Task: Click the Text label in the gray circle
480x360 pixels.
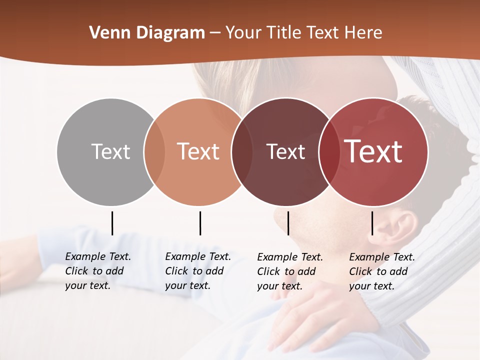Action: click(x=110, y=151)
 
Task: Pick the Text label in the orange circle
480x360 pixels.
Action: click(x=198, y=151)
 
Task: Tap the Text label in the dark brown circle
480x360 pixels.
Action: click(x=285, y=151)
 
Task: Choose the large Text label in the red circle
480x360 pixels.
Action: click(x=373, y=151)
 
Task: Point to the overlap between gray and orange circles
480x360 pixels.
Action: click(x=154, y=151)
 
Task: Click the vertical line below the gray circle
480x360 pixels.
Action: click(x=112, y=223)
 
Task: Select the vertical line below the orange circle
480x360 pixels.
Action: click(x=200, y=223)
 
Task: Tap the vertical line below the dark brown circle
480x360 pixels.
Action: click(x=288, y=223)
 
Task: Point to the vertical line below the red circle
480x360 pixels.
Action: click(x=372, y=223)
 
